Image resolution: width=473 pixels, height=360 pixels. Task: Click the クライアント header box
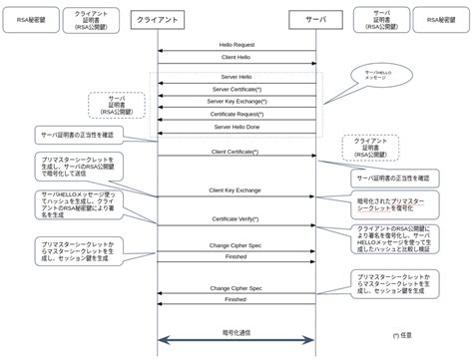point(157,19)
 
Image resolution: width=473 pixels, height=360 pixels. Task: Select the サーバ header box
point(315,19)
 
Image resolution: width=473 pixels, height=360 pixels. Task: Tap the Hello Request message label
point(236,44)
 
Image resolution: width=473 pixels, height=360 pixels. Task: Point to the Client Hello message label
point(236,59)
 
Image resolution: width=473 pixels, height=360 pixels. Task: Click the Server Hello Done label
point(236,128)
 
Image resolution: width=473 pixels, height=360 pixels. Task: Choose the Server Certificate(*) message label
point(236,88)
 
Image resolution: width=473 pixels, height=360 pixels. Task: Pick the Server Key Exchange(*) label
point(236,101)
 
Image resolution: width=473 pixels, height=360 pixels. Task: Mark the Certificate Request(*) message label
point(236,114)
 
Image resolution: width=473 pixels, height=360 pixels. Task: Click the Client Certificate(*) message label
point(236,151)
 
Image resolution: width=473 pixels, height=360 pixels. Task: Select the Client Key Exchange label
point(236,188)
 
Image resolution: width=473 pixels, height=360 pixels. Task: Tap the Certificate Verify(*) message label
point(236,217)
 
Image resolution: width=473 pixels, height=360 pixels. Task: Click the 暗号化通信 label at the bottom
point(236,333)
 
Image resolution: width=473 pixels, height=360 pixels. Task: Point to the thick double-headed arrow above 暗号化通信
point(236,342)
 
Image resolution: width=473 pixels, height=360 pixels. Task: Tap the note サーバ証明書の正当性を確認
point(77,134)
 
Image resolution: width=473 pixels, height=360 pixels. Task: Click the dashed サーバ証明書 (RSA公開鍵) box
point(117,105)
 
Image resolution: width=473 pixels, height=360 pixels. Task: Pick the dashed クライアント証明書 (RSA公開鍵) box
point(370,148)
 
